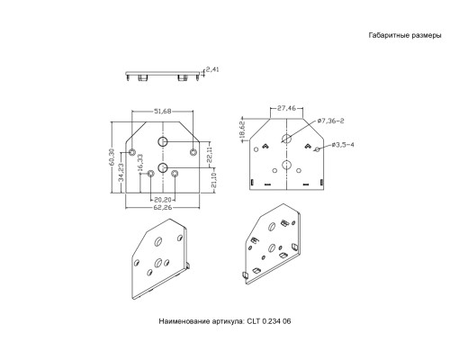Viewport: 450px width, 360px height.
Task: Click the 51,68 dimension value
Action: coord(162,112)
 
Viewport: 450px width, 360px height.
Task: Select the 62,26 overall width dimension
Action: coord(162,207)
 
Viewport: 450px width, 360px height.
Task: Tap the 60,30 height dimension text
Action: coord(112,157)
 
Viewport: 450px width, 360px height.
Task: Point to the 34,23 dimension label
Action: coord(121,173)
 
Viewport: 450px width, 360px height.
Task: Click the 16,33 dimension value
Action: coord(140,163)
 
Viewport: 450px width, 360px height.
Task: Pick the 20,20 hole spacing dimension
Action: coord(162,200)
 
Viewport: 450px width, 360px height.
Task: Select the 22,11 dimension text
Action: coord(210,155)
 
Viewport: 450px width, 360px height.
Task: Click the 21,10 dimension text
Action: coord(213,180)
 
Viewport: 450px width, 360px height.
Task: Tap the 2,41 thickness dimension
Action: coord(212,69)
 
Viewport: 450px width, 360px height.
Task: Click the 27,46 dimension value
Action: coord(286,108)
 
